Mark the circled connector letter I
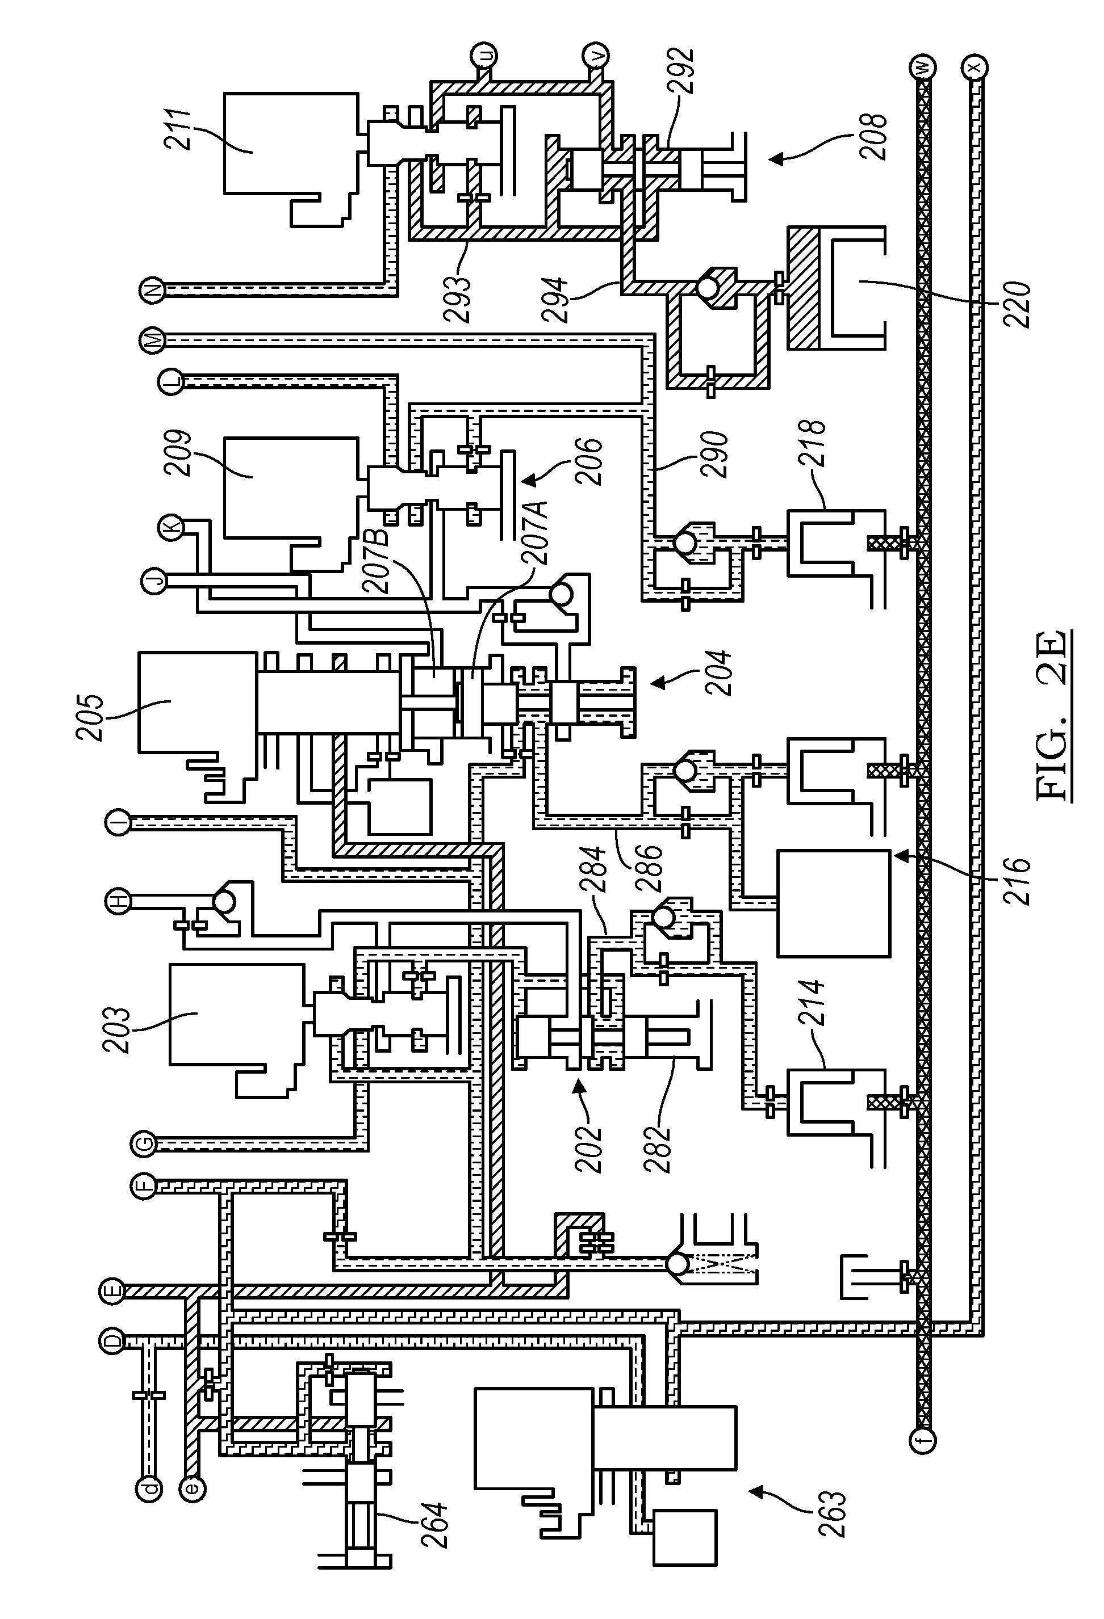pos(119,823)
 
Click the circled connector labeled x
pos(975,68)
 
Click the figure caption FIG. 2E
pos(1053,716)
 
